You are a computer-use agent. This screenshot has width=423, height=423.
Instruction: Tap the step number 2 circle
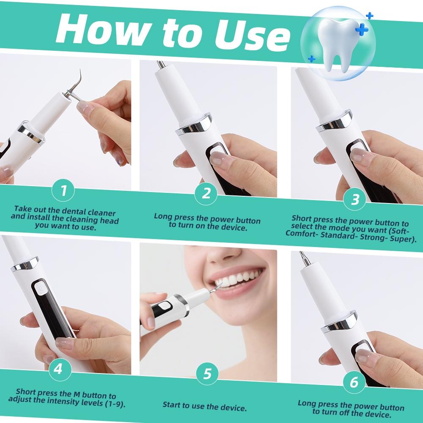[x=206, y=193]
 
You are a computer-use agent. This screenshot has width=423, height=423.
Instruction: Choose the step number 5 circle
[x=207, y=374]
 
